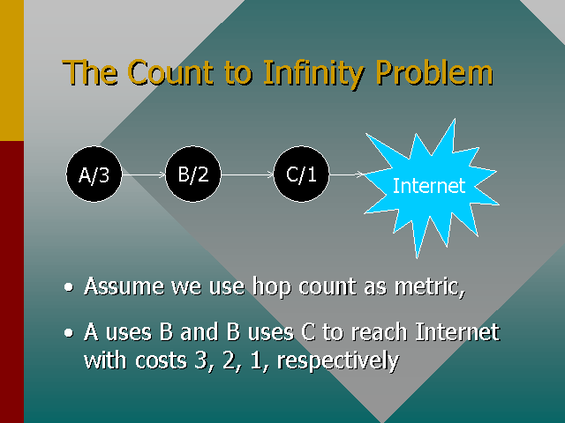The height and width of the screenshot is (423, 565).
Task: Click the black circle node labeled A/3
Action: (94, 174)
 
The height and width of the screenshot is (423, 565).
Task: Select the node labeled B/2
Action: (192, 174)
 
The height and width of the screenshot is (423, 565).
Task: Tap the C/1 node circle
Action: (301, 174)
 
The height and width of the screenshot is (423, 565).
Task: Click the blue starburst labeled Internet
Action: (428, 185)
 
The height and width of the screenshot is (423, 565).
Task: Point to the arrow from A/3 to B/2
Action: (143, 174)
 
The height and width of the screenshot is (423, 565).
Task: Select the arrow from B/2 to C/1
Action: (247, 174)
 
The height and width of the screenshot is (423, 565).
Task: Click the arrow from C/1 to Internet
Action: (347, 174)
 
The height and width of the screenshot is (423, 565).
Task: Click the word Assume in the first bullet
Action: (118, 286)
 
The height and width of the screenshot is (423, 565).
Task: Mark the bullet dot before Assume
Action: (70, 288)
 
